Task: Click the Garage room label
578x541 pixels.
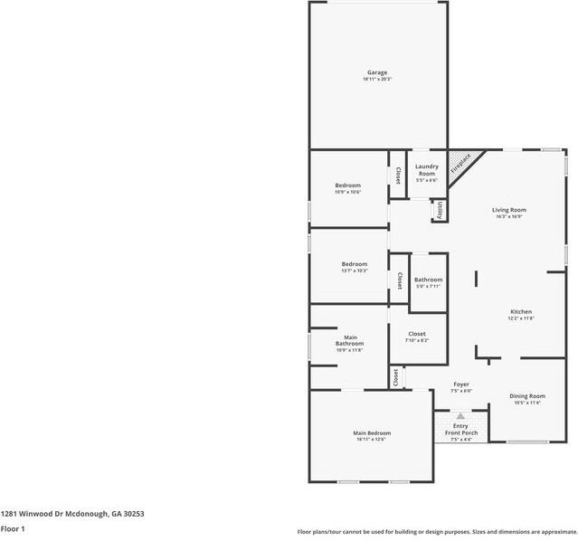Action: tap(377, 72)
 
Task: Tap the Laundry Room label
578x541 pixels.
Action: tap(427, 169)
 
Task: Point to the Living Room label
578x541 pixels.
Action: tap(510, 210)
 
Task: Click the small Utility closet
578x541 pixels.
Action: tap(440, 210)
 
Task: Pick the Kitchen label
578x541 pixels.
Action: tap(520, 311)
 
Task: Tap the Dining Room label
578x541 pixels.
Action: tap(526, 396)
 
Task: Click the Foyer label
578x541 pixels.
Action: tap(461, 384)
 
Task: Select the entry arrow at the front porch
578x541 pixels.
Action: tap(460, 416)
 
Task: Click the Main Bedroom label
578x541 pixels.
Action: tap(372, 433)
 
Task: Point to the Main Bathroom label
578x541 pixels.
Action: tap(349, 340)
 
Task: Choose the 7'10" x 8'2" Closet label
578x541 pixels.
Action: tap(417, 334)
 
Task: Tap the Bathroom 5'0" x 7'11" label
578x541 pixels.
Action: tap(429, 280)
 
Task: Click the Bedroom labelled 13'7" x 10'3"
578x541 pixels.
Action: tap(354, 263)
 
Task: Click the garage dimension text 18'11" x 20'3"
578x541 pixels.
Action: tap(377, 80)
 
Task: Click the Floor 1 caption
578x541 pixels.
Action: tap(13, 528)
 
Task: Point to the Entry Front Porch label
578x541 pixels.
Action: tap(461, 429)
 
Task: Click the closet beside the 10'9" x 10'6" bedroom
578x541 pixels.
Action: tap(397, 175)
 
